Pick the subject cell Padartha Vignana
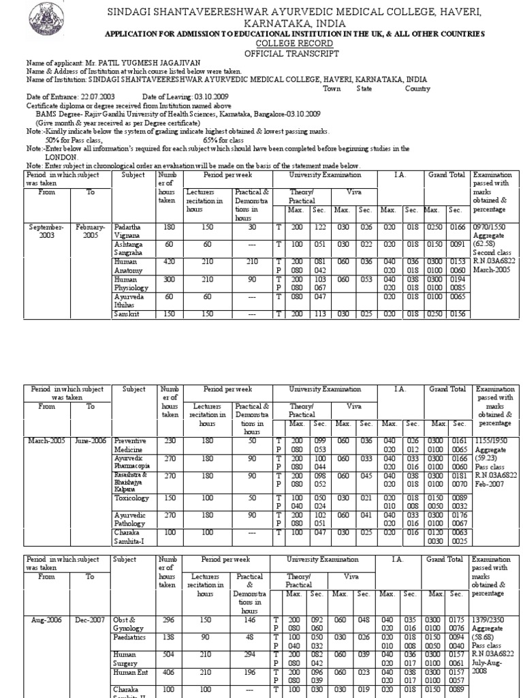point(129,230)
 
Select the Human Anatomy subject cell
point(129,265)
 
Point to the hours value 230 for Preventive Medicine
point(170,440)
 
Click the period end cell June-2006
point(90,440)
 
